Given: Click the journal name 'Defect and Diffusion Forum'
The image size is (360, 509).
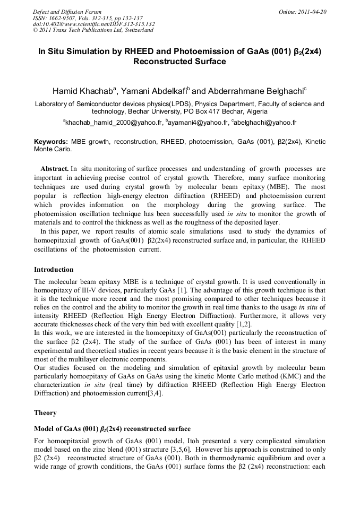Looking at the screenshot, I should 67,12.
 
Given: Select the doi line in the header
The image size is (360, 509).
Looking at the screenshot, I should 94,24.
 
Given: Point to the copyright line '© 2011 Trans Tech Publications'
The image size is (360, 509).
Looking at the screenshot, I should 93,30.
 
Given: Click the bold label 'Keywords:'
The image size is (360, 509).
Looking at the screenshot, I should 51,142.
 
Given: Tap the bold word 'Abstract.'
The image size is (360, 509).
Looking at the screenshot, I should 55,169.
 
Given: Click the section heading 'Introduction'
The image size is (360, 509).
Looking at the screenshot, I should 54,269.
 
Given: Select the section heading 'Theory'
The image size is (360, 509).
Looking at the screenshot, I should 45,412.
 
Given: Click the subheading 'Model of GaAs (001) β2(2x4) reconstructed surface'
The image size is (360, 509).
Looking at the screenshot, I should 112,428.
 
